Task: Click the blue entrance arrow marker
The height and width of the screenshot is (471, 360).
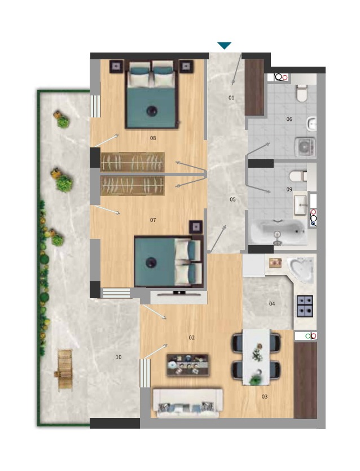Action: tap(225, 46)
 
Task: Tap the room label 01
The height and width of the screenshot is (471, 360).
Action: tap(231, 98)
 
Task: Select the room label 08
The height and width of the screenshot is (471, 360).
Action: tap(153, 138)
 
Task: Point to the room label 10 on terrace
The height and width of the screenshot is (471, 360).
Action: tap(118, 357)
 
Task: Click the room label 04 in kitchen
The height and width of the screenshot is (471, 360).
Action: tap(272, 304)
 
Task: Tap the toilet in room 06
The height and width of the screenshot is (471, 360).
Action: tap(301, 93)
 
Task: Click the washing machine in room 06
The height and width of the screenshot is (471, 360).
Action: tap(305, 147)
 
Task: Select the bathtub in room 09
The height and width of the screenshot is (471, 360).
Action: tap(279, 232)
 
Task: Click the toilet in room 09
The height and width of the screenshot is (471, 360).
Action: tap(298, 176)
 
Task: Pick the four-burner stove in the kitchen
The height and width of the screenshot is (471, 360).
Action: tap(305, 307)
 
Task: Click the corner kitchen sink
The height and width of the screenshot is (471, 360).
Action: tap(301, 271)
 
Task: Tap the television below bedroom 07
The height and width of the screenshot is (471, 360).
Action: tap(179, 293)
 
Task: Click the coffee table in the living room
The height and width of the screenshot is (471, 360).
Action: tap(188, 365)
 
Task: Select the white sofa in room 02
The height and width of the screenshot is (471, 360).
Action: tap(188, 403)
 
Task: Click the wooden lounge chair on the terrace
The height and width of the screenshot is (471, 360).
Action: tap(64, 369)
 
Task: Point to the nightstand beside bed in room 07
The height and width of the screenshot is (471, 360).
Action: tap(196, 228)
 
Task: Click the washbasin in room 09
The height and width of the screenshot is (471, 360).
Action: tap(300, 205)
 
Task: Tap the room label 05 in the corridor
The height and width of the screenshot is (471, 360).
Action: tap(232, 199)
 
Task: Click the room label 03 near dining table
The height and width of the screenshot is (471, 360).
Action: tap(264, 397)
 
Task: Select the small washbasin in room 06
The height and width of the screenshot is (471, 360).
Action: tap(311, 124)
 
